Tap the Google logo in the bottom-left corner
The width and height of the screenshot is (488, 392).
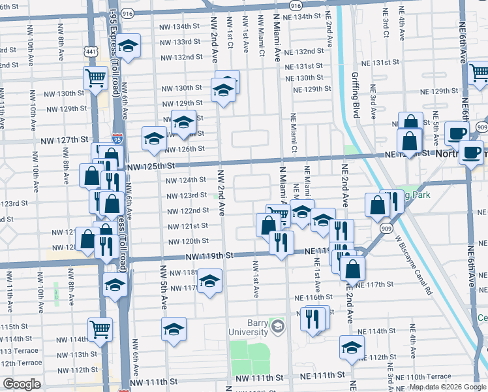pyautogui.click(x=21, y=384)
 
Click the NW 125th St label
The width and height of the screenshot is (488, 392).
pyautogui.click(x=151, y=168)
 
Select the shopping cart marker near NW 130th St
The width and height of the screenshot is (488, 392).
pyautogui.click(x=95, y=78)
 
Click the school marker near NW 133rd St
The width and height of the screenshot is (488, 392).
pyautogui.click(x=129, y=46)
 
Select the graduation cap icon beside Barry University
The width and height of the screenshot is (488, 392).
pyautogui.click(x=278, y=325)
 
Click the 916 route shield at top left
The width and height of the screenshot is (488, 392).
pyautogui.click(x=127, y=12)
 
